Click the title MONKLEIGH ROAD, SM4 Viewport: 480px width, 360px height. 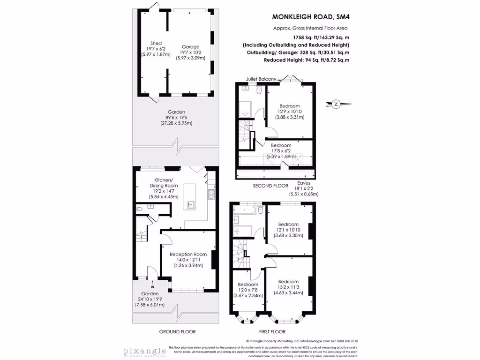click(311, 17)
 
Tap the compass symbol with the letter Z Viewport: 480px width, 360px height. click(335, 105)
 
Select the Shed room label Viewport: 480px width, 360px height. click(156, 43)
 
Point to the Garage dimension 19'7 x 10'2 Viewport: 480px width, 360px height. click(190, 52)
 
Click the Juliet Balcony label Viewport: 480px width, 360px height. click(261, 79)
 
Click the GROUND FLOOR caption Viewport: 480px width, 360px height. click(177, 331)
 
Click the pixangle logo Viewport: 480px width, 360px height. click(145, 351)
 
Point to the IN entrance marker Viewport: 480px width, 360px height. click(152, 287)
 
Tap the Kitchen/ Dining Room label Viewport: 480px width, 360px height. click(164, 183)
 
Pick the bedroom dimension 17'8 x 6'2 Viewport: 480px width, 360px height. click(281, 151)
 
